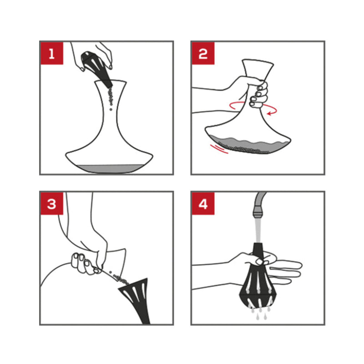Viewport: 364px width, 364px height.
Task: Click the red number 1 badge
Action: tap(52, 53)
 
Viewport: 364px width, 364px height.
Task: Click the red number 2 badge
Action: tap(203, 53)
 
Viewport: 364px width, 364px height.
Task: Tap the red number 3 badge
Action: tap(52, 203)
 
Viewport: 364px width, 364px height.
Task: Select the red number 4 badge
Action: tap(203, 203)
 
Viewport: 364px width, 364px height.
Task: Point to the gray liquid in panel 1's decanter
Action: tap(109, 168)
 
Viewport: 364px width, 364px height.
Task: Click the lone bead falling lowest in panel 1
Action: tap(111, 109)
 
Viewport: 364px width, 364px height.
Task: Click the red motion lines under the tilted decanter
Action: tap(219, 149)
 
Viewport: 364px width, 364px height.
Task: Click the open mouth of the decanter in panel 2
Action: tap(258, 61)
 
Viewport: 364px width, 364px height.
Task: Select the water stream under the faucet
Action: tap(258, 230)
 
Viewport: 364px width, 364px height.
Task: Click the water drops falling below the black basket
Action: tap(260, 313)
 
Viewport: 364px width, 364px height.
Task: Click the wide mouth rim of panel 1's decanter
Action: tap(110, 81)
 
